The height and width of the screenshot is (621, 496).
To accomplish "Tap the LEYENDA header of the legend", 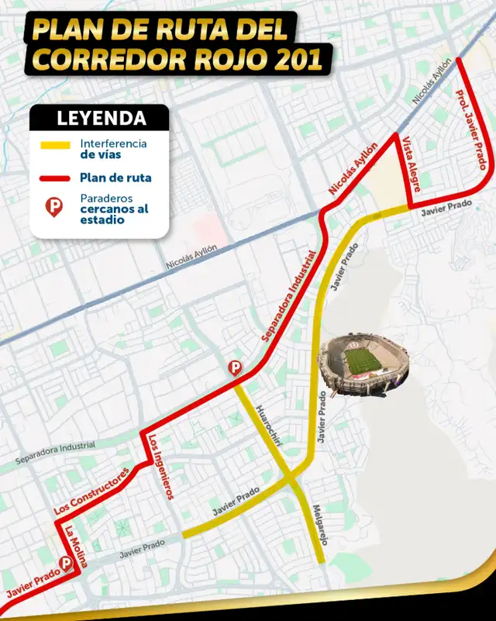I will [102, 119].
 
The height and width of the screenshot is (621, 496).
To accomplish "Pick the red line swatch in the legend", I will [57, 178].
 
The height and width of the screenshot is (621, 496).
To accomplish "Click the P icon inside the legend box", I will [55, 206].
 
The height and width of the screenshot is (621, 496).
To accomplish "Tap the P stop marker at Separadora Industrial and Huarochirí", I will [234, 368].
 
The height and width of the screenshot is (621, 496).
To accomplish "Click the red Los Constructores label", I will [90, 492].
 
